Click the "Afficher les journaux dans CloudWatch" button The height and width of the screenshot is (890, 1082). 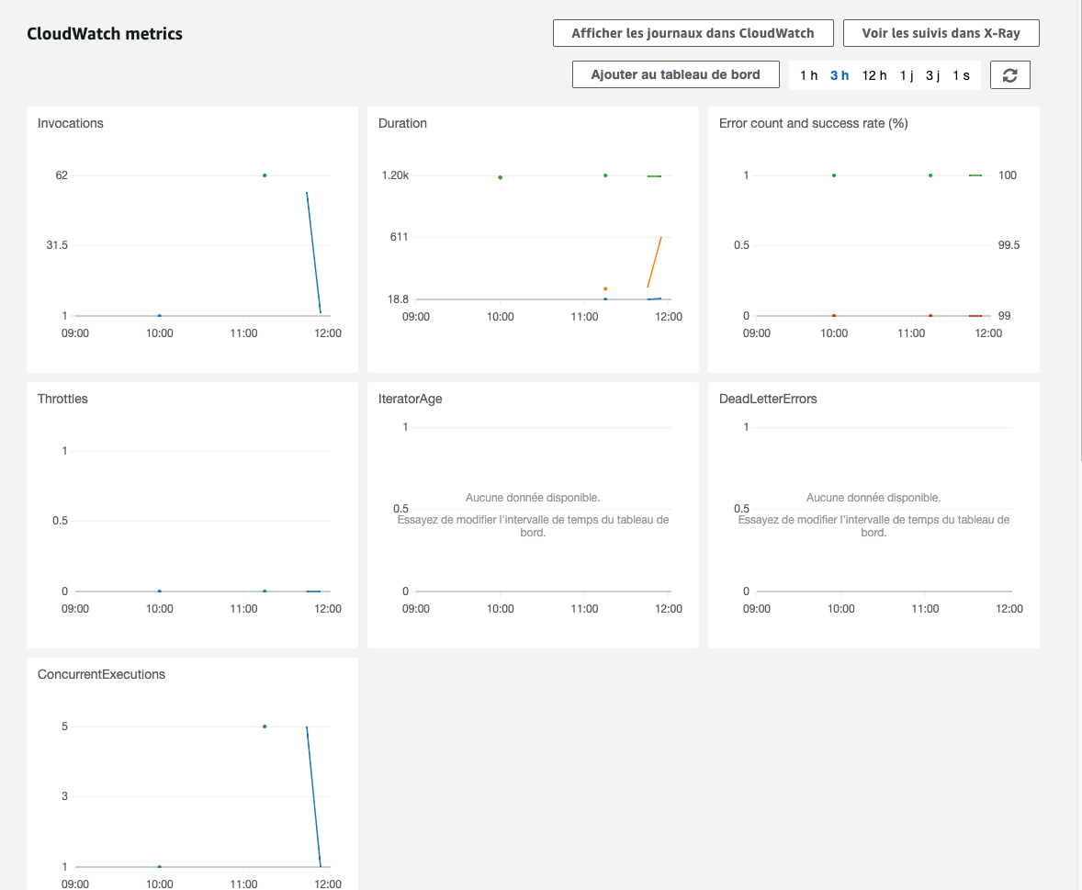[693, 33]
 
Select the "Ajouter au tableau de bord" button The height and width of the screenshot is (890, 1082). [675, 74]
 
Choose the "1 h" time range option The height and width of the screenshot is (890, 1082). [808, 75]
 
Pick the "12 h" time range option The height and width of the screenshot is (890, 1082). [874, 75]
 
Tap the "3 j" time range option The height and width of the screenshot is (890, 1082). [932, 75]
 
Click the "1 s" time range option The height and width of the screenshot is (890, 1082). [961, 75]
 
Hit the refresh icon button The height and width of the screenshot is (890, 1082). [1010, 75]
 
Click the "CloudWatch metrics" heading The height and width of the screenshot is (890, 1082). [105, 34]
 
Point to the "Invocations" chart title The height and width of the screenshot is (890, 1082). [71, 123]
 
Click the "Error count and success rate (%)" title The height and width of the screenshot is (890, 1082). [813, 123]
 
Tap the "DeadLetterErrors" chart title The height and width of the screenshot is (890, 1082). [768, 399]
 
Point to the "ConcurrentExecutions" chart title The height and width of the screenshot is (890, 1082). [101, 674]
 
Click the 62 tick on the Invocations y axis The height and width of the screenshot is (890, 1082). [62, 175]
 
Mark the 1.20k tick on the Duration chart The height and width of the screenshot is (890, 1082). [395, 175]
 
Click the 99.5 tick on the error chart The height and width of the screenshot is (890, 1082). [1008, 245]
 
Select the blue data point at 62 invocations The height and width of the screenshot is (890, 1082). [265, 175]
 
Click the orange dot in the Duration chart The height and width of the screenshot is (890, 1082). [605, 288]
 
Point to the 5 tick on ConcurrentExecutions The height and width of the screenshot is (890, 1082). [64, 727]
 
